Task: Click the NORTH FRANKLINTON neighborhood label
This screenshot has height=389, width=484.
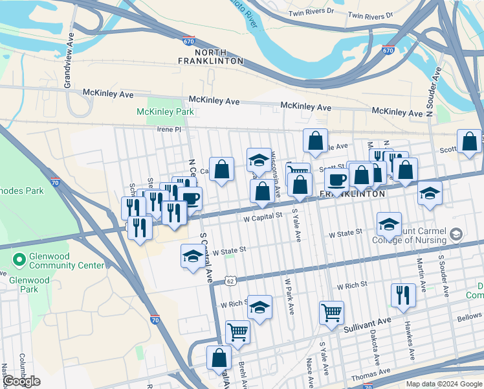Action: coord(210,56)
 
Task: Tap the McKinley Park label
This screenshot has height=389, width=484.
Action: coord(165,112)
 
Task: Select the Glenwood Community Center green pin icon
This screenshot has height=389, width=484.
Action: coord(19,261)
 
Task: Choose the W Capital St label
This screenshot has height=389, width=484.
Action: coord(263,218)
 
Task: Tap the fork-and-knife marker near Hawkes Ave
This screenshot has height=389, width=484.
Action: coord(403,295)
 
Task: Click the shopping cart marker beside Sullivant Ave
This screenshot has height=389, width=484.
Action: coord(331,312)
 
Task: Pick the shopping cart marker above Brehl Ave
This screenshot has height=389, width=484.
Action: coord(237,332)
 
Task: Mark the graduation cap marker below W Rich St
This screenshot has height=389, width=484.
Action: coord(259,307)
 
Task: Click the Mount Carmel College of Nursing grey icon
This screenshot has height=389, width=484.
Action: coord(456,234)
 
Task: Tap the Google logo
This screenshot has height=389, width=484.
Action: coord(22,381)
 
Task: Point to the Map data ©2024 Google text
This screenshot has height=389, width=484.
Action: coord(444,384)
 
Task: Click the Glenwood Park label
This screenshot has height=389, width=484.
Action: coord(29,285)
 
